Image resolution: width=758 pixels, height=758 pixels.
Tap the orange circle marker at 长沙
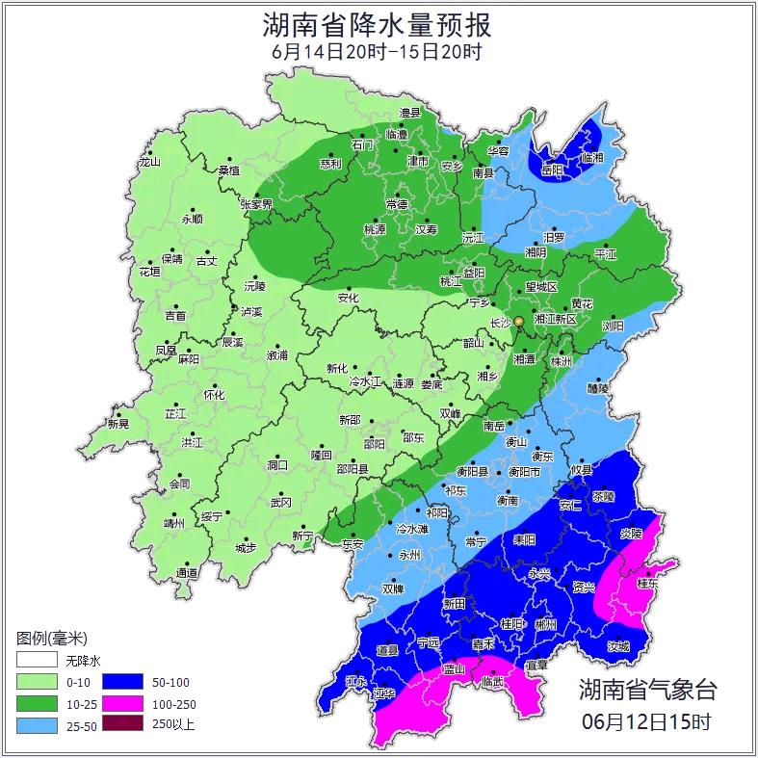518,321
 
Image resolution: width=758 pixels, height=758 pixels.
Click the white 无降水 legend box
36,661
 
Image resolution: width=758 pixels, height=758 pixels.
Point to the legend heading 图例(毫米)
52,639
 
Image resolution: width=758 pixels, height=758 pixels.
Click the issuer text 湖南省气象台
647,690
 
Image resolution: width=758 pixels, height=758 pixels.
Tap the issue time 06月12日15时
647,720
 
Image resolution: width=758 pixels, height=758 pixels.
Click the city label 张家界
256,204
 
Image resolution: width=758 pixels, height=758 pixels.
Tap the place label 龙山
149,162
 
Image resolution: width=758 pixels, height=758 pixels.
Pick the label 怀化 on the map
214,395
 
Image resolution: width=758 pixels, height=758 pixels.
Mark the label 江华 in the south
385,693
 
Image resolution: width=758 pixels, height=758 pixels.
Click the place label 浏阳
613,326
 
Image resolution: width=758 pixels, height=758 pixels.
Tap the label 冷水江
365,383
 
